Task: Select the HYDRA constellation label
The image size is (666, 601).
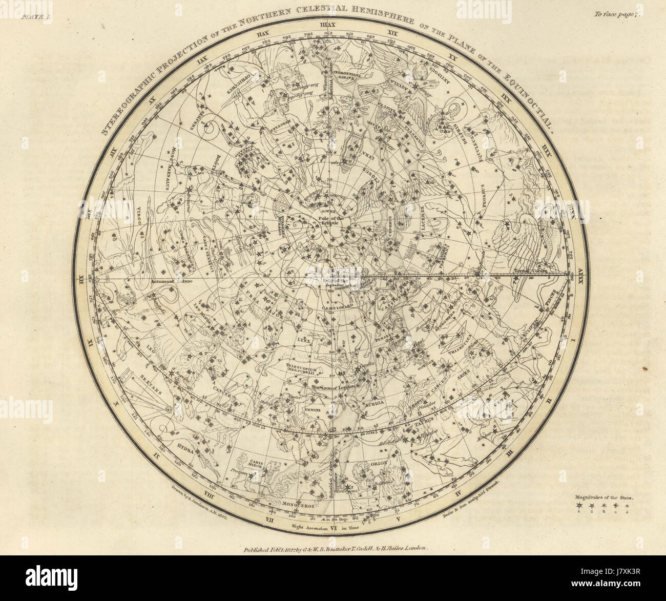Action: [x=183, y=446]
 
